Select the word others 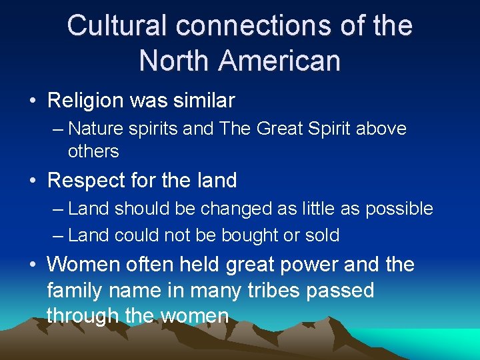point(93,151)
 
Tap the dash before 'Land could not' point(58,235)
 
